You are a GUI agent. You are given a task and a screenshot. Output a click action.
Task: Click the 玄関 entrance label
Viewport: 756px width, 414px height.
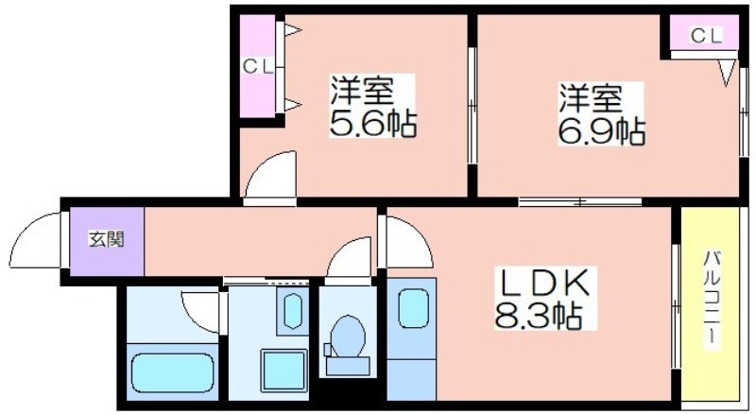coord(107,239)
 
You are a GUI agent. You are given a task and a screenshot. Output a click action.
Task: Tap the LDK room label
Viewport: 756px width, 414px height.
coord(545,283)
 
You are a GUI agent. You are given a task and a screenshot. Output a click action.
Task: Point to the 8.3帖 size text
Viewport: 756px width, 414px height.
coord(538,316)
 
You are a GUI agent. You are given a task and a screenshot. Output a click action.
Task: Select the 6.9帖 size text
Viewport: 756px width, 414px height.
coord(602,130)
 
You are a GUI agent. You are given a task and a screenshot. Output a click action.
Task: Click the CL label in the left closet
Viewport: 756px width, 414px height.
coord(258,66)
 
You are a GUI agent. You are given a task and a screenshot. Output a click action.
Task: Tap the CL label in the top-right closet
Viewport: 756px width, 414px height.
coord(706,35)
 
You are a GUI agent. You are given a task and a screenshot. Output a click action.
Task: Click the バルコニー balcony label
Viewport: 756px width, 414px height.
coord(711,298)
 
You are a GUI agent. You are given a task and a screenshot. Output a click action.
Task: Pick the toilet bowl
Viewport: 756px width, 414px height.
coord(348,336)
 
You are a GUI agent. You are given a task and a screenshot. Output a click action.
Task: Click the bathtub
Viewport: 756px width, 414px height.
coord(172,373)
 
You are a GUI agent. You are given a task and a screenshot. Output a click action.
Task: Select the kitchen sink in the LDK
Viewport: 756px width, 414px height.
coord(413,309)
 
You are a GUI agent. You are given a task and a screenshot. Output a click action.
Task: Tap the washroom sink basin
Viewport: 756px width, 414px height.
coord(293,311)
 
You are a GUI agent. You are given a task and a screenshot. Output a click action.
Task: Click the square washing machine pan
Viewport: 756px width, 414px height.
coord(284,371)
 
